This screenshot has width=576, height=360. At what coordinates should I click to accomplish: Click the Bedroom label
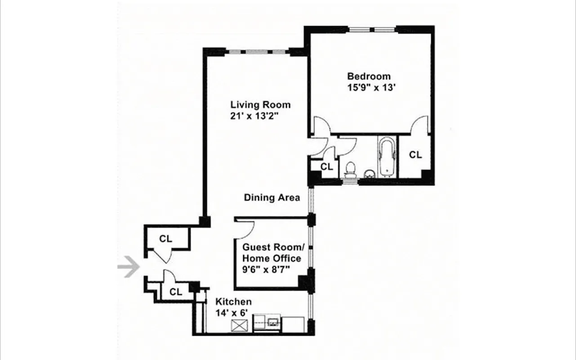coord(369,76)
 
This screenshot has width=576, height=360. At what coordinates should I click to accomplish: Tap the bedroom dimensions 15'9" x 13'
coord(369,88)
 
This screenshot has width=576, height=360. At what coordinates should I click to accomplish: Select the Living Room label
coord(260,105)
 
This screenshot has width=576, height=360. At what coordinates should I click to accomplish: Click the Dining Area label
coord(272,198)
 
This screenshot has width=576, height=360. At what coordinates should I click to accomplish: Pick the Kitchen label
coord(233,302)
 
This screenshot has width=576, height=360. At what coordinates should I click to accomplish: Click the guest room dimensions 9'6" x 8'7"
coord(265,270)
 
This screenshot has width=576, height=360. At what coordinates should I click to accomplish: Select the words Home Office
coord(272,258)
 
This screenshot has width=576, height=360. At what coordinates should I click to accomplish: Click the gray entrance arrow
coord(129,267)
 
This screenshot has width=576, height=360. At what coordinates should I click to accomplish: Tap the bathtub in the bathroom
coord(387,157)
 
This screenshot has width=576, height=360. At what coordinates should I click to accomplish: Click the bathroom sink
coord(370,174)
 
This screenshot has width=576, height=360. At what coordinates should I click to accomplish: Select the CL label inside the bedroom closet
coord(415,155)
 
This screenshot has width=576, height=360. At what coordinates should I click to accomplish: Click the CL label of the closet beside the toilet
coord(326,166)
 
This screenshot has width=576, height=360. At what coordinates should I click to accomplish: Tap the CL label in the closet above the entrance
coord(165,239)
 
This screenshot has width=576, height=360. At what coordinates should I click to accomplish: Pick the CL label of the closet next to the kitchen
coord(176,292)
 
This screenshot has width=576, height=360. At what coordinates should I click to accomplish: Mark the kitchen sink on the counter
coord(272,322)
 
